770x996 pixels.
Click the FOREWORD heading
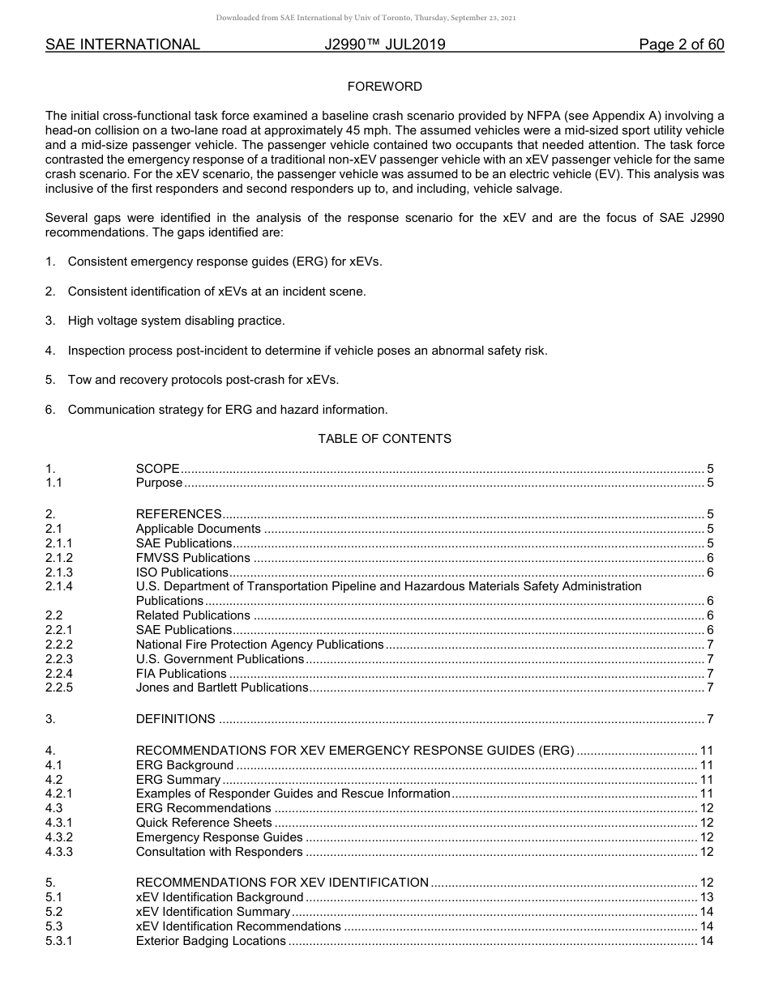pos(384,87)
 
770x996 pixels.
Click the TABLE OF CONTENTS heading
pos(384,439)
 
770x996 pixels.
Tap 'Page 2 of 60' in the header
pos(681,45)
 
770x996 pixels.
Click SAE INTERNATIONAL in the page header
pos(122,45)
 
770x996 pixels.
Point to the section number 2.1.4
pos(59,586)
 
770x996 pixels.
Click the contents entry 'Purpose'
pos(159,483)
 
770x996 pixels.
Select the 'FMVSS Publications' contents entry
pos(193,558)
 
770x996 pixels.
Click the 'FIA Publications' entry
pos(181,674)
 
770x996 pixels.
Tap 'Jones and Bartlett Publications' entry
pos(222,688)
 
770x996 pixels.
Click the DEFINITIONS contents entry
pos(175,719)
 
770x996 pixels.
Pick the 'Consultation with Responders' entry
pos(219,852)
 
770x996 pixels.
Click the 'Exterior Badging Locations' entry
pos(211,941)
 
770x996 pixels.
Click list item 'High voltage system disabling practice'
pos(176,321)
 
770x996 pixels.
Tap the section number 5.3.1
pos(59,941)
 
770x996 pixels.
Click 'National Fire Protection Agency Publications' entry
pos(259,645)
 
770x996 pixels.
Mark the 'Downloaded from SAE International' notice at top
pos(366,18)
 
